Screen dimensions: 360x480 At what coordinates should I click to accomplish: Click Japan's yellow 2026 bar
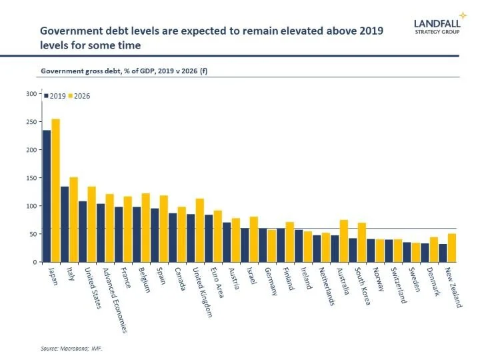point(55,190)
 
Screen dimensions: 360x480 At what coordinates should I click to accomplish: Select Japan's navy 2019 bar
point(47,196)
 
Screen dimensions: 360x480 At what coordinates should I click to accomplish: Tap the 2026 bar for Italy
point(74,219)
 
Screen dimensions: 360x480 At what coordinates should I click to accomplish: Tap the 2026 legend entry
point(79,95)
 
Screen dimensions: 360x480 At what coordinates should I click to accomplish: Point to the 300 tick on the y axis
point(31,93)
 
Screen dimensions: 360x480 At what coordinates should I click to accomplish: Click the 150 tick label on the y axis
point(31,178)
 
